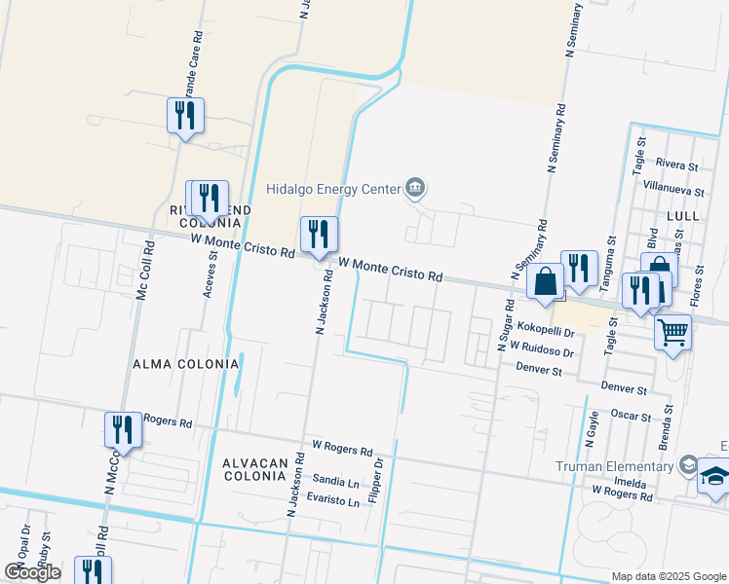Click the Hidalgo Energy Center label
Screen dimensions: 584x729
pyautogui.click(x=334, y=188)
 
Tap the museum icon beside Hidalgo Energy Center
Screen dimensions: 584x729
pyautogui.click(x=415, y=186)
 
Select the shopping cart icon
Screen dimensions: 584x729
pyautogui.click(x=672, y=332)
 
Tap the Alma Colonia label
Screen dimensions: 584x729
pyautogui.click(x=185, y=364)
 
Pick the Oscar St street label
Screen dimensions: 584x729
pyautogui.click(x=630, y=417)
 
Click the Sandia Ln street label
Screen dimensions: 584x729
pyautogui.click(x=336, y=481)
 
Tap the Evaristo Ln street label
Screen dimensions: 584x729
pyautogui.click(x=332, y=502)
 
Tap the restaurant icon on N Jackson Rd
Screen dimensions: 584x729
pyautogui.click(x=319, y=235)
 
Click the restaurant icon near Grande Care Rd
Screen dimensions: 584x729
pyautogui.click(x=184, y=116)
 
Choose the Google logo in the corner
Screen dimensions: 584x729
pyautogui.click(x=32, y=572)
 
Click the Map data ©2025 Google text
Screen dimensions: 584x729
pyautogui.click(x=668, y=576)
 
